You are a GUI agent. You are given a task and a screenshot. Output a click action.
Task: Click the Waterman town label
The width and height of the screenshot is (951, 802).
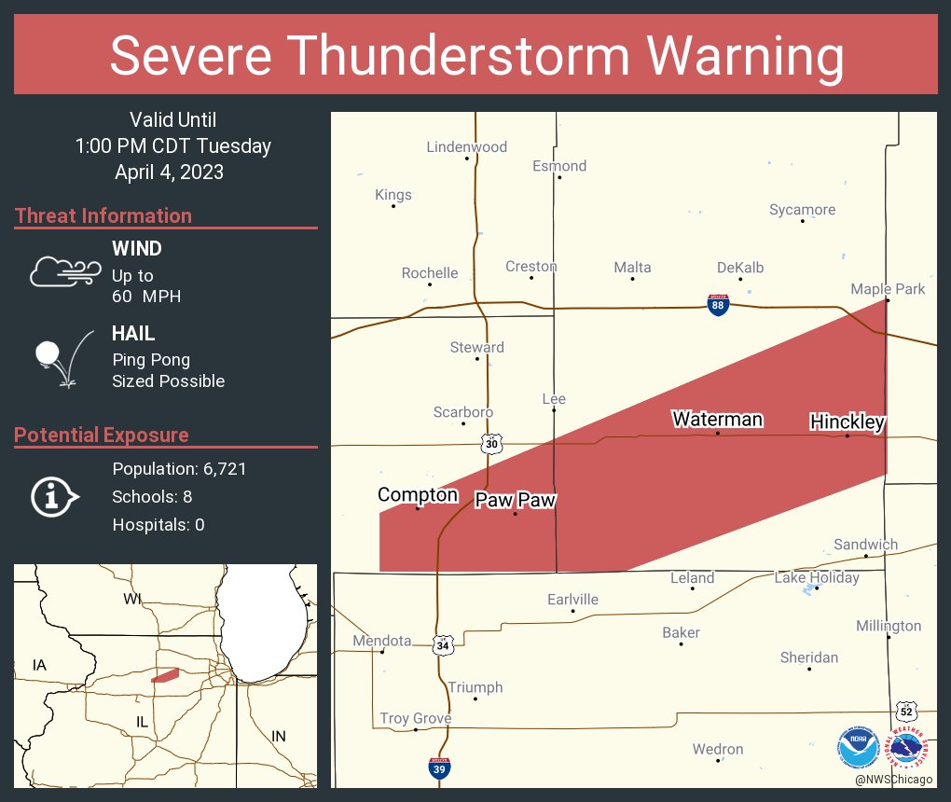[717, 420]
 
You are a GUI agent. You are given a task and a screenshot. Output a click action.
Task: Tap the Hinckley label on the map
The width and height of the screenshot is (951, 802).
[847, 422]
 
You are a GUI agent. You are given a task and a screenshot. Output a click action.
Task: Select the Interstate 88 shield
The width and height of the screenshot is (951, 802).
[717, 305]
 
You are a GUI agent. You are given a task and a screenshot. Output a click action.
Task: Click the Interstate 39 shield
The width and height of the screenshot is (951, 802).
[439, 768]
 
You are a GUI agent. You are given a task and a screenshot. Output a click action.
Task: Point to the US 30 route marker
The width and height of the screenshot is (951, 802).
[491, 444]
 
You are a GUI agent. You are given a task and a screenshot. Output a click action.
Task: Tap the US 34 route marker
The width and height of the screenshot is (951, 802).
[442, 644]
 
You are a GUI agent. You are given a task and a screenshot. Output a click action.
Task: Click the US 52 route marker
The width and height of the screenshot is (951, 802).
[905, 711]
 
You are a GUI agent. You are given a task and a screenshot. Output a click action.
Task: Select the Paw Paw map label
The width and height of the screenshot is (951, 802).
[515, 500]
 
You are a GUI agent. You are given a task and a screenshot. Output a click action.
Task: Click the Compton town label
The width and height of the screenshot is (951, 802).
[417, 494]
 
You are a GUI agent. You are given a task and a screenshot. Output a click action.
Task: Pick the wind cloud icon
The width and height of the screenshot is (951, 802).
[63, 271]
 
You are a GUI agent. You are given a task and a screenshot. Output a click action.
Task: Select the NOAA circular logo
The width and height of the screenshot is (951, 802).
[858, 748]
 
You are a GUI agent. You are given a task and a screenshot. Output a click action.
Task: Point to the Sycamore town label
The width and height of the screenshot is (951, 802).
[802, 210]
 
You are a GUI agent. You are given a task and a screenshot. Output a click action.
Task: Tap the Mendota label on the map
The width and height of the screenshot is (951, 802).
[381, 641]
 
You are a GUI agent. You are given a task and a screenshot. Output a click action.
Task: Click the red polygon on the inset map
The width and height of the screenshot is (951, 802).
[166, 674]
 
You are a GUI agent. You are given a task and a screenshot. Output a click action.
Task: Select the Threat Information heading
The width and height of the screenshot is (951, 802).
[103, 215]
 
